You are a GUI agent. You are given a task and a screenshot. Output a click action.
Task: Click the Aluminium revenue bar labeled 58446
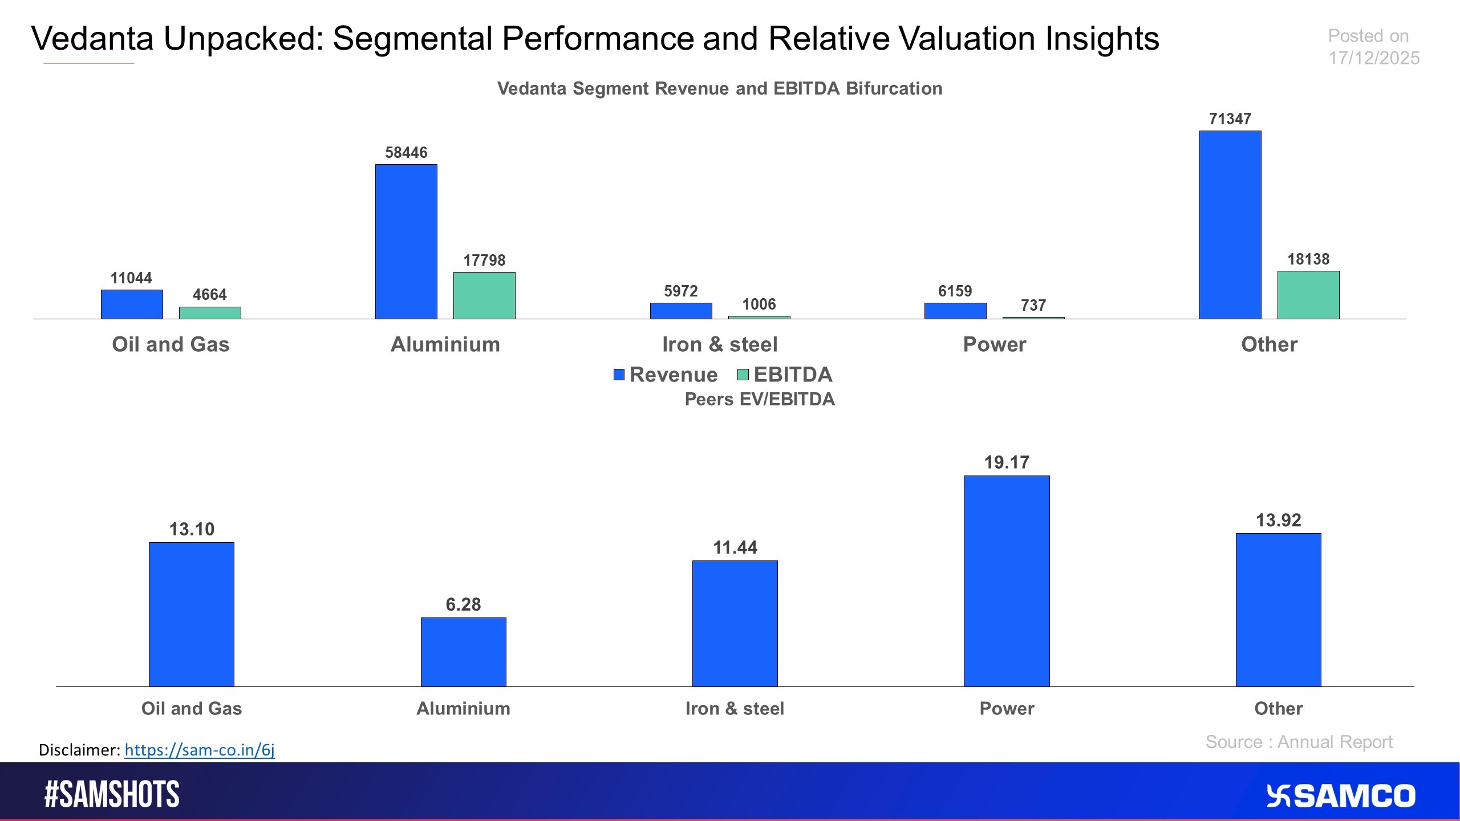406,242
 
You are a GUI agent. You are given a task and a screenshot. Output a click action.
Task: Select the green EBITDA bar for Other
1308,295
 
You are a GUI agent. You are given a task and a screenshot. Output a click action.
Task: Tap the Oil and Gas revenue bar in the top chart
132,304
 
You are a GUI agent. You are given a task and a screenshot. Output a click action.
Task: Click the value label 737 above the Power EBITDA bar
1033,306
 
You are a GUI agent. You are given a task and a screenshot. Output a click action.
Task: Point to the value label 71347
1230,119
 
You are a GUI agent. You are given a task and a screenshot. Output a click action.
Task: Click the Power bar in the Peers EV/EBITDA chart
1007,580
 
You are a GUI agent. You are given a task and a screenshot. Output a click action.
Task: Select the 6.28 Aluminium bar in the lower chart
463,652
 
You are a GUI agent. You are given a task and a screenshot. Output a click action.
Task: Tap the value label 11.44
735,548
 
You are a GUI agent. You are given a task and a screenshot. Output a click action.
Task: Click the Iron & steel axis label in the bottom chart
735,709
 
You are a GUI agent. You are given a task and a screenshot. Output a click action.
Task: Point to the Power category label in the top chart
994,344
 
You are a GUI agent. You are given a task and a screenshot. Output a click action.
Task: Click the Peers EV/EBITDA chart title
759,399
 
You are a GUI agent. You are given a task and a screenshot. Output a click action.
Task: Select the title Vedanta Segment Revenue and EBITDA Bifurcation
719,88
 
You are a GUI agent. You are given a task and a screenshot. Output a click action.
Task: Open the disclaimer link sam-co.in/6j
199,750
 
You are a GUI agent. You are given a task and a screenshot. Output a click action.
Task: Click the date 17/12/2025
1373,58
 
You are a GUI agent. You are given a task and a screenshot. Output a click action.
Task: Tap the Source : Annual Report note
1299,742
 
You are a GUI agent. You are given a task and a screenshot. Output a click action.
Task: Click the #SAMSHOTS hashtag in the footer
112,794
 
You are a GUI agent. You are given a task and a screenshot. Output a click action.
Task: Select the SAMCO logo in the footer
1340,796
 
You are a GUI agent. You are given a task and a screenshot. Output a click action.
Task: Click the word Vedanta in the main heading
92,39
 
